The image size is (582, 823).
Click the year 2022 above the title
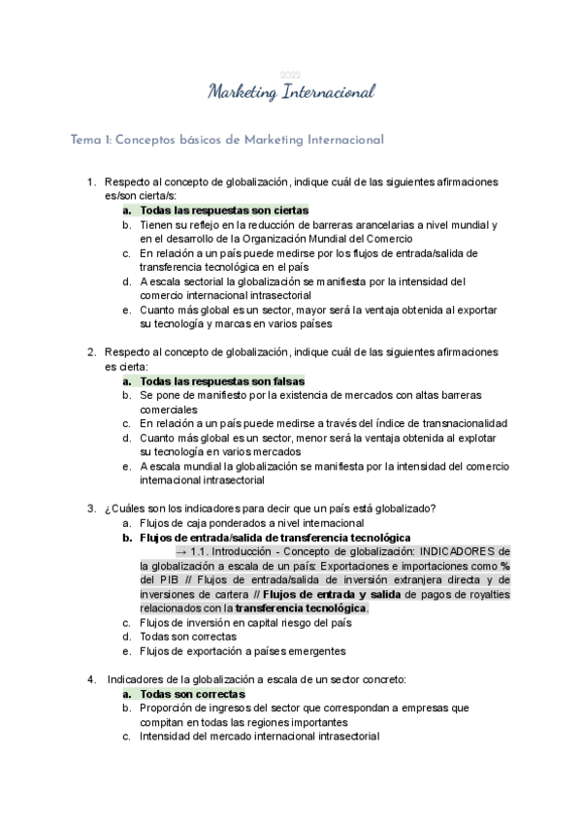tap(290, 75)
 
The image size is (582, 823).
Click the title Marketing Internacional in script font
tap(291, 93)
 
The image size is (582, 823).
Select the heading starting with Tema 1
tap(228, 140)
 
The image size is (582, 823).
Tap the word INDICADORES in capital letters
tap(457, 551)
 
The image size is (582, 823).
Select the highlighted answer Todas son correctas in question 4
tap(192, 694)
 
